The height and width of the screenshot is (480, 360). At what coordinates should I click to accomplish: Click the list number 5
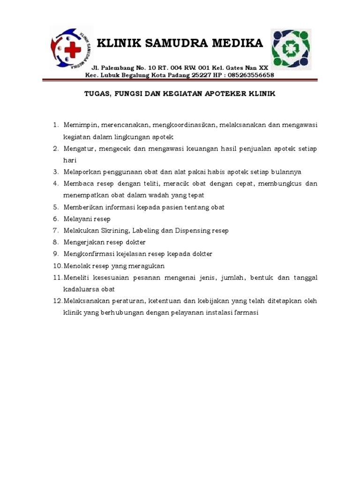[55, 207]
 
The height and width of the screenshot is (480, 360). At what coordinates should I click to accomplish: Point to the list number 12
[57, 301]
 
